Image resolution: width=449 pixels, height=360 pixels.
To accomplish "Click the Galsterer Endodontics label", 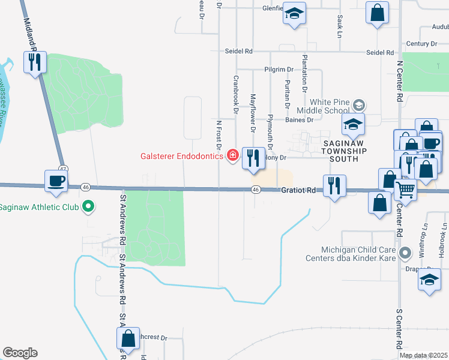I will [182, 157].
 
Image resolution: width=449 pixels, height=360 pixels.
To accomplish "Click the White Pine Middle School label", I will [328, 106].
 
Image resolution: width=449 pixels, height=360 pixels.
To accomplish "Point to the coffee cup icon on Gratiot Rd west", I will [56, 181].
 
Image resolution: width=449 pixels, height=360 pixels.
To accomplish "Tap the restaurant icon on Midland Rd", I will [34, 61].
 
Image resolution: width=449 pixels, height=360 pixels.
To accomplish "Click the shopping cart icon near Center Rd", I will [406, 191].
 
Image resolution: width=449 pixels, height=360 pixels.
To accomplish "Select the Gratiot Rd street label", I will [298, 190].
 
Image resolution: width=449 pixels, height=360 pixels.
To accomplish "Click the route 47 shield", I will [62, 169].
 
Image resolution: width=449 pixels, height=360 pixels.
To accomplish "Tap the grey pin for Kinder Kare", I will [406, 252].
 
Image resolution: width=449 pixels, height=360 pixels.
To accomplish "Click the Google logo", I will [20, 353].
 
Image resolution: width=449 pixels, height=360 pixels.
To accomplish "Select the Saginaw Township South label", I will [341, 151].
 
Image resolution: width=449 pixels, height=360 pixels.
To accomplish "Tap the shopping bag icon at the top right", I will [377, 13].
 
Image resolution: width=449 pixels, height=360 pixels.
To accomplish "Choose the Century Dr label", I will [421, 44].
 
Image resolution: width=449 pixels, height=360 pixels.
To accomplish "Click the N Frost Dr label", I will [219, 134].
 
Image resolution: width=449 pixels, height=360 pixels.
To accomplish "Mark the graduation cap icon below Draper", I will [429, 280].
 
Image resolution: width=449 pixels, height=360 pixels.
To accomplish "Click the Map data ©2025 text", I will [423, 355].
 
